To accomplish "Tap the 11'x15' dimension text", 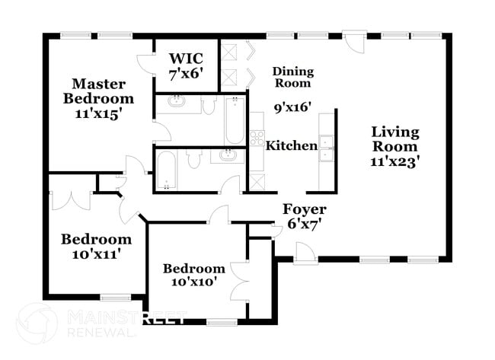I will (x=98, y=113).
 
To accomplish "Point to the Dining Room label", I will (x=293, y=77).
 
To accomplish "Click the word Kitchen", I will (x=291, y=145).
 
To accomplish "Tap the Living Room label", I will (x=394, y=139).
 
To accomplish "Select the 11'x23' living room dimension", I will (x=394, y=161).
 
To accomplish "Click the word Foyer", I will (x=304, y=209).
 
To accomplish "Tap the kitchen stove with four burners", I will (x=257, y=138).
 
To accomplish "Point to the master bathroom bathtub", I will (x=234, y=120).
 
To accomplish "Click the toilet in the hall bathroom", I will (x=193, y=159).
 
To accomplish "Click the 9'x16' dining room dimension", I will (x=292, y=107).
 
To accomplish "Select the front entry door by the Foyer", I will (x=305, y=252).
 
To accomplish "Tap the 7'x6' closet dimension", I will (x=186, y=75).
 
